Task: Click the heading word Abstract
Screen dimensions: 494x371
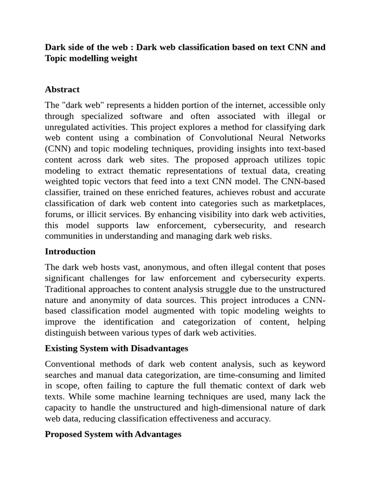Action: pos(62,89)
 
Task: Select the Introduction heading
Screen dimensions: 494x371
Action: pos(70,251)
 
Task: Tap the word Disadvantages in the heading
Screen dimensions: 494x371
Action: pos(161,348)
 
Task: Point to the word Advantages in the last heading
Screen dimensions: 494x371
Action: pos(158,434)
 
